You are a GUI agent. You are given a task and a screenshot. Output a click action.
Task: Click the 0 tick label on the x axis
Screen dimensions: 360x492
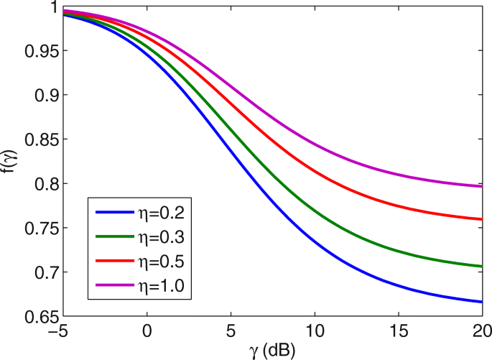(147, 332)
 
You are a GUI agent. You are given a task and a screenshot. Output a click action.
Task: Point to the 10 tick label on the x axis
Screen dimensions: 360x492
(315, 332)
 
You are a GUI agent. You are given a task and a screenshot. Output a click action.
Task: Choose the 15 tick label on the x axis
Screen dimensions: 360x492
(398, 332)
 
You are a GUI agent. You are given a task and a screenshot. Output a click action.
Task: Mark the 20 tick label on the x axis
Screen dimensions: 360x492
(481, 332)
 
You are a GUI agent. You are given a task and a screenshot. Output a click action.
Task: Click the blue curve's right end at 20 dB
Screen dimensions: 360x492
(481, 302)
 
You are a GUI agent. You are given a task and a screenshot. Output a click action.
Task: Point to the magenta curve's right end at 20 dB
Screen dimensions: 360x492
(481, 186)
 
